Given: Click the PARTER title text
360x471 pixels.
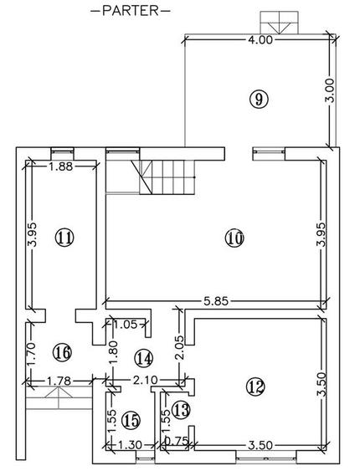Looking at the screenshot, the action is (x=131, y=11).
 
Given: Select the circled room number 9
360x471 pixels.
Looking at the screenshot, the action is (x=259, y=99).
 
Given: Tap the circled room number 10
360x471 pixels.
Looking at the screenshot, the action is (x=234, y=238).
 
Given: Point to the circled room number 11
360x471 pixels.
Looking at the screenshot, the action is (x=64, y=238).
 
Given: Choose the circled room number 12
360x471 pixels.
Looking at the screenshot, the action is (x=255, y=387).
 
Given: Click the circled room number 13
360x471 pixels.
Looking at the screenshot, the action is (x=181, y=410).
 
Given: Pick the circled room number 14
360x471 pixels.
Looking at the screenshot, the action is (x=144, y=358).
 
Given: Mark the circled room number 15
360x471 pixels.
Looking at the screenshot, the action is (x=131, y=420).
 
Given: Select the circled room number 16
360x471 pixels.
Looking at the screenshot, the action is (x=62, y=352).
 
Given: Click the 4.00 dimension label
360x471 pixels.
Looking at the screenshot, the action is (x=261, y=40).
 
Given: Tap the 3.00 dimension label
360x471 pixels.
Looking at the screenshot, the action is (x=330, y=90).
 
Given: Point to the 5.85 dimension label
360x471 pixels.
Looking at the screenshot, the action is (x=216, y=300).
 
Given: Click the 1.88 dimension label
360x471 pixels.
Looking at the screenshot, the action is (x=61, y=166).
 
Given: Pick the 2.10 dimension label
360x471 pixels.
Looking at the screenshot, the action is (x=146, y=381).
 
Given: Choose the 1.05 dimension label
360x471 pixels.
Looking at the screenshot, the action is (x=126, y=325).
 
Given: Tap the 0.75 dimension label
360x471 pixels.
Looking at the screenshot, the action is (x=177, y=441).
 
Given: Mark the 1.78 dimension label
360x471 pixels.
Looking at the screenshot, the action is (x=59, y=381).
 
